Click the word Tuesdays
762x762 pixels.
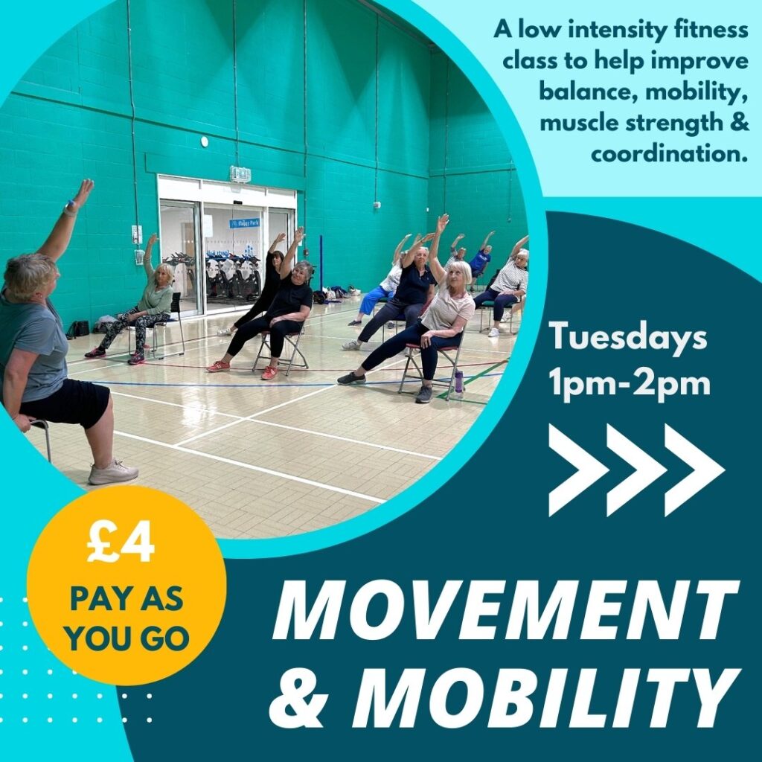point(628,337)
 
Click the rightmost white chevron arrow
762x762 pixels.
point(694,470)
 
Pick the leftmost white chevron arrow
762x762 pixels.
point(578,470)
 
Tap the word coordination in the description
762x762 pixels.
point(669,154)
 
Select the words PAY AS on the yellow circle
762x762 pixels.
point(127,599)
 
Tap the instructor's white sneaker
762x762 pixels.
point(113,473)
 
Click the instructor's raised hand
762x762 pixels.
point(83,192)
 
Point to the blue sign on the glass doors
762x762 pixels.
point(244,223)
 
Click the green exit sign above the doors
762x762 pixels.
point(240,174)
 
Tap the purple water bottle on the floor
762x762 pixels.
point(458,382)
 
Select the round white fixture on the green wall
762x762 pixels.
point(204,141)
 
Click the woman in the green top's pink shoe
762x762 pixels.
point(136,359)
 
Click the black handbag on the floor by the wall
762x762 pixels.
point(79,329)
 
